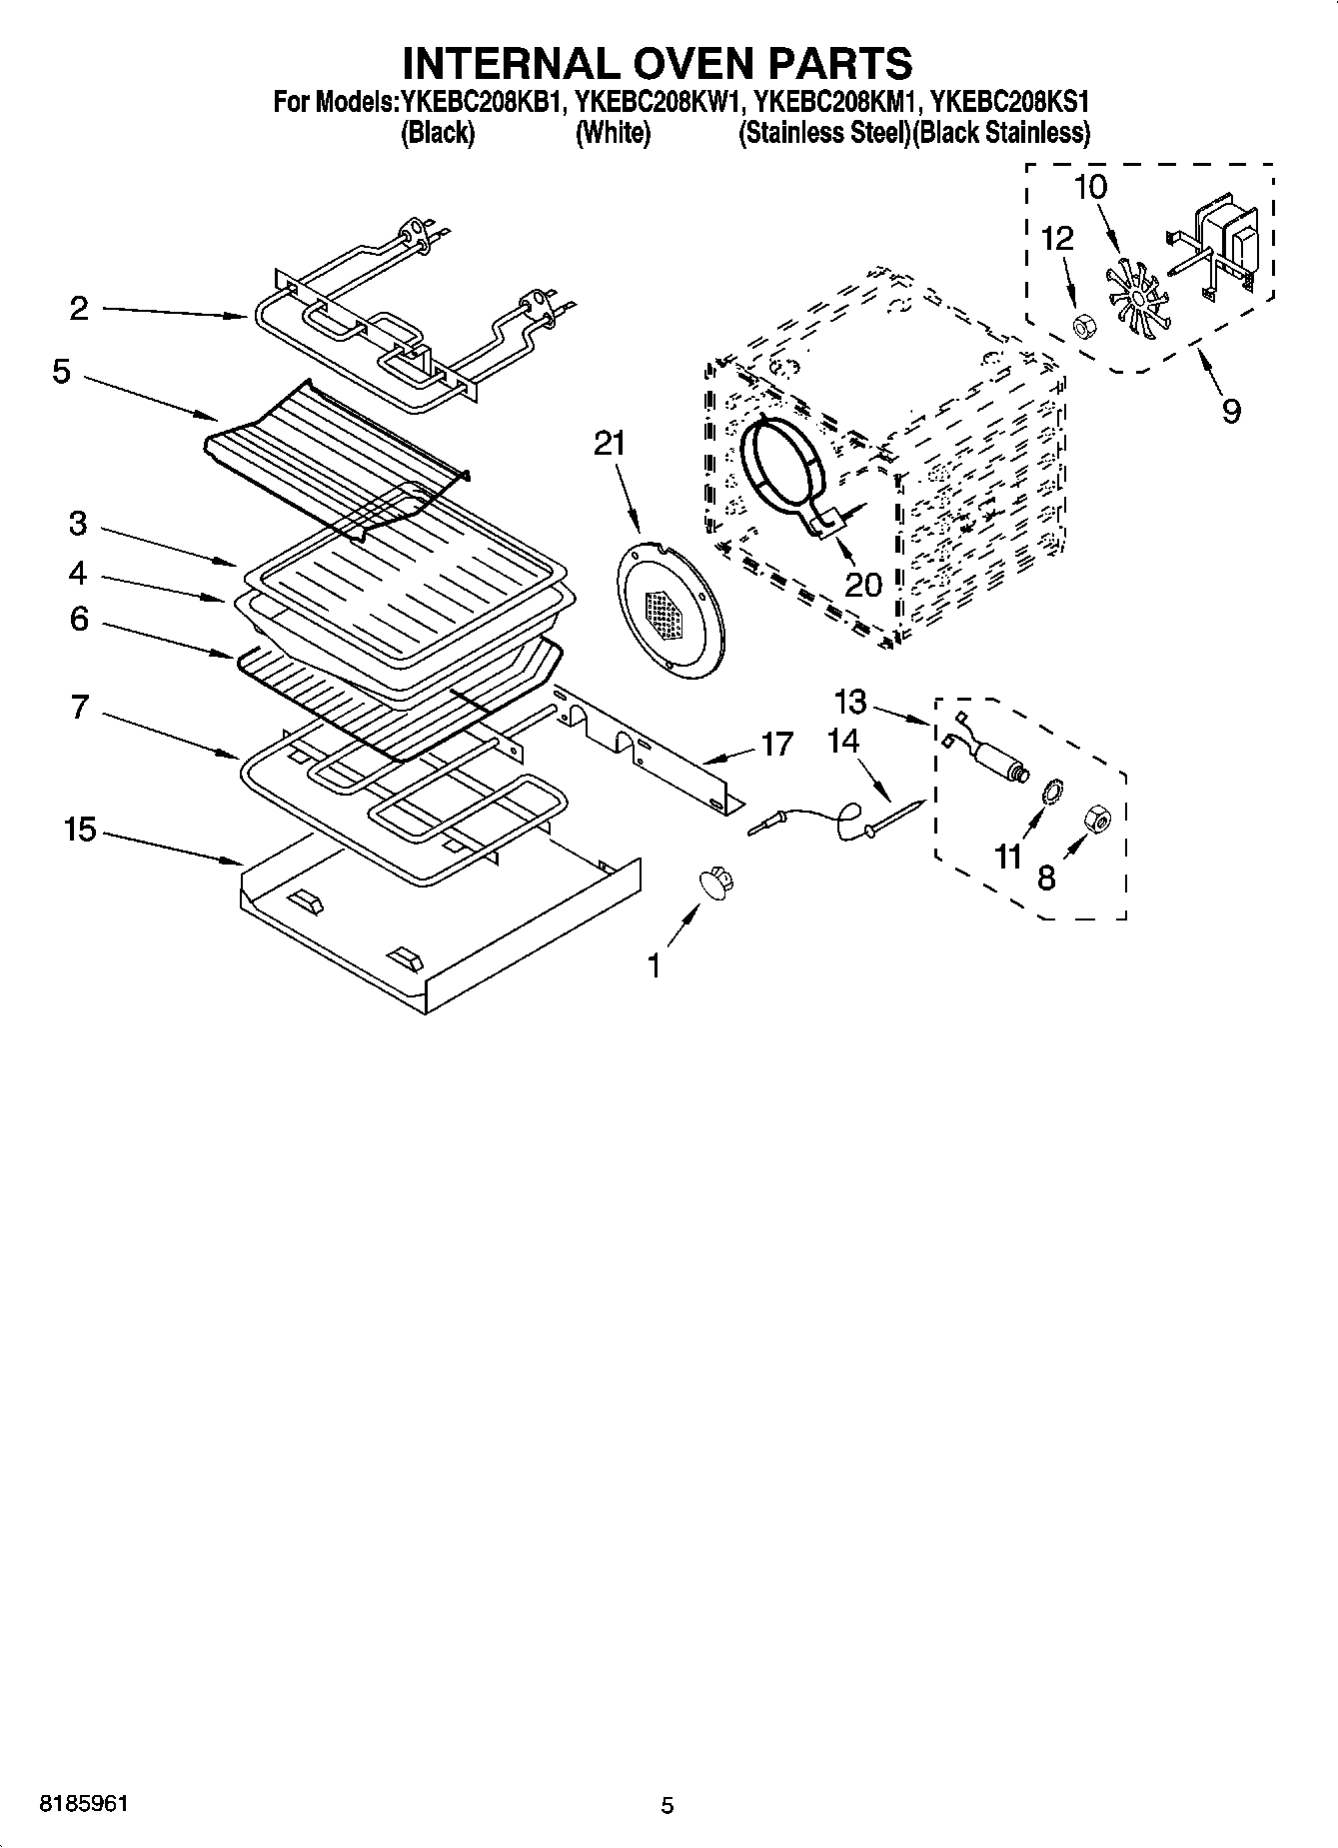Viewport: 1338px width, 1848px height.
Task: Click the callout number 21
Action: point(610,444)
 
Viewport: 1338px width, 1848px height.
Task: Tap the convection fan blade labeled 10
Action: point(1137,294)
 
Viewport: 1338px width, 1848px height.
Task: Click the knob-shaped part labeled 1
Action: point(715,883)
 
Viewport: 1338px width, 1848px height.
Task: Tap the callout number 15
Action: point(81,829)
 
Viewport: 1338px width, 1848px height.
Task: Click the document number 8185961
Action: point(84,1805)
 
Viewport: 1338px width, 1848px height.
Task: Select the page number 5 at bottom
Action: point(668,1806)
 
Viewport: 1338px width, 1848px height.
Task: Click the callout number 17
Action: point(776,745)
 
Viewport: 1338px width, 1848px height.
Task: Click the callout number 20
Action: point(862,584)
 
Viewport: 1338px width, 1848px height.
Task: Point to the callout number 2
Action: point(80,308)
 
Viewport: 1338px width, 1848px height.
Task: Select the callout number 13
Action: point(850,703)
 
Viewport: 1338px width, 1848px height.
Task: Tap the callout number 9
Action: point(1231,411)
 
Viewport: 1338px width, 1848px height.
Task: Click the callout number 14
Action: point(843,742)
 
